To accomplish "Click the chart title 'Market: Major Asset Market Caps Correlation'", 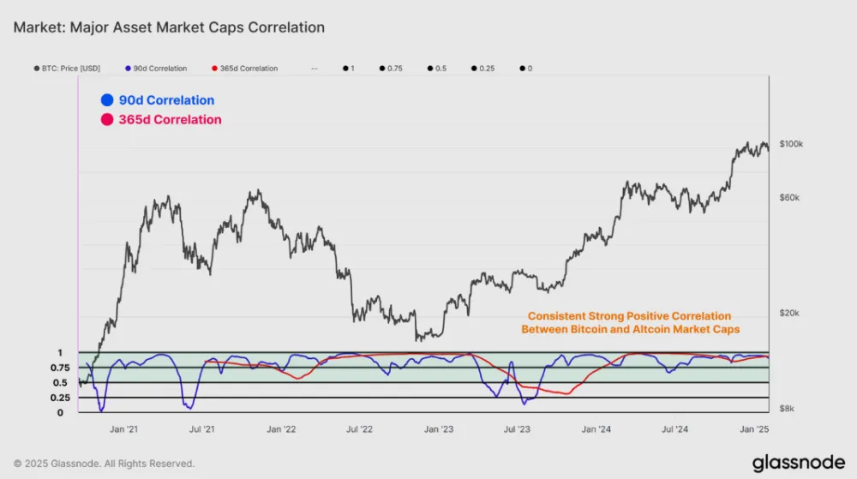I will [169, 27].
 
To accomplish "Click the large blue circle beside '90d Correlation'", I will [106, 100].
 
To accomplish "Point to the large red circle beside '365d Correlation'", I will [106, 120].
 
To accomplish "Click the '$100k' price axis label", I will [791, 144].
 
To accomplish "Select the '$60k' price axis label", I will [788, 197].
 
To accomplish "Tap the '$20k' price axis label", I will [788, 313].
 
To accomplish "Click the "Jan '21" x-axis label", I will [125, 428].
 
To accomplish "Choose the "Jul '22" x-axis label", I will [360, 428].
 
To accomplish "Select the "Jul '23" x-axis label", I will [517, 428].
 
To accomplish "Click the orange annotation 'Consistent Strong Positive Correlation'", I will [629, 315].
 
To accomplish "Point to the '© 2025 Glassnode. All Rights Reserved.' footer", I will [104, 464].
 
